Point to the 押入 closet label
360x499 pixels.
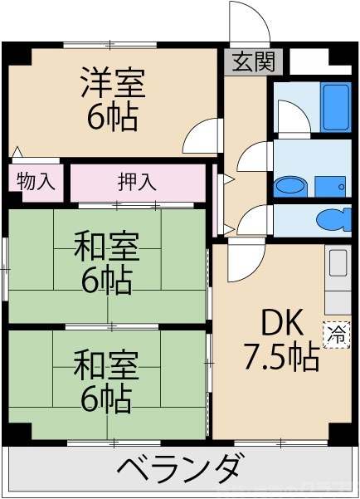pyautogui.click(x=137, y=182)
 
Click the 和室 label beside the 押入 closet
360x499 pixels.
pyautogui.click(x=106, y=247)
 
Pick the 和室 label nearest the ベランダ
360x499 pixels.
pyautogui.click(x=106, y=364)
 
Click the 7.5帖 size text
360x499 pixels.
pyautogui.click(x=281, y=357)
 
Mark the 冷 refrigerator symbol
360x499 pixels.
pyautogui.click(x=337, y=334)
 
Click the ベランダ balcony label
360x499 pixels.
pyautogui.click(x=178, y=470)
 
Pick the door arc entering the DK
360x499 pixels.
pyautogui.click(x=245, y=262)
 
